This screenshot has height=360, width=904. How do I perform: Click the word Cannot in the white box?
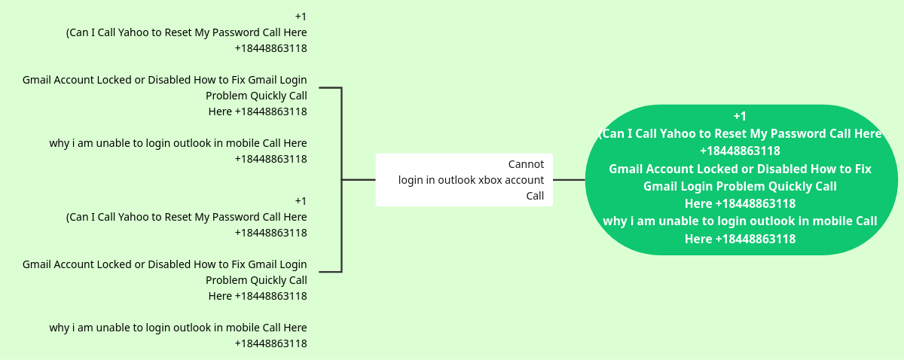(526, 164)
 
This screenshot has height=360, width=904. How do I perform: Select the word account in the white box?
(525, 180)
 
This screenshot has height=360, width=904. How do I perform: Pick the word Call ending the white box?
(535, 196)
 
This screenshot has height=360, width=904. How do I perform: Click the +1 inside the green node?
(740, 116)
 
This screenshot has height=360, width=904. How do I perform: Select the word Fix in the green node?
(862, 169)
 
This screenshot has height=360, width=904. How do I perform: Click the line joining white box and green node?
(569, 180)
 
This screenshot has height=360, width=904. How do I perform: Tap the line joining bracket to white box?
(359, 180)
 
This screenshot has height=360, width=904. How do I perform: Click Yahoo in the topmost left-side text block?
(137, 32)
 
